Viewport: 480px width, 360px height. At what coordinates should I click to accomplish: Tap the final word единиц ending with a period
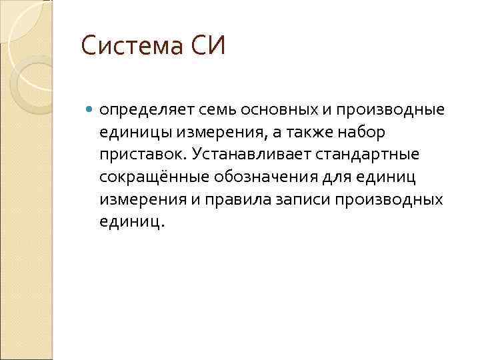[130, 222]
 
